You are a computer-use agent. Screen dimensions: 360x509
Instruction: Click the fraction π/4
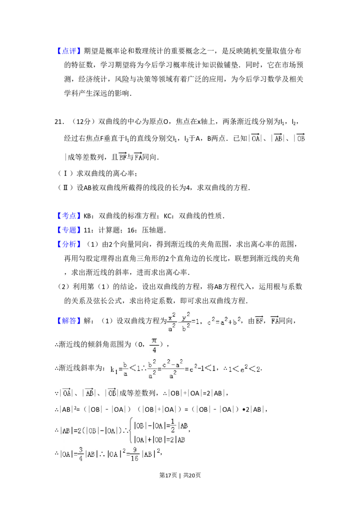pos(154,345)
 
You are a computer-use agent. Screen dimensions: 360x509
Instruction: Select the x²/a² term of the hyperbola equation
pos(171,322)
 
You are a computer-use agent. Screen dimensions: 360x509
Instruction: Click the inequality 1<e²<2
pos(244,370)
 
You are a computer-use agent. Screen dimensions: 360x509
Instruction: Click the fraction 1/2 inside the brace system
pos(172,423)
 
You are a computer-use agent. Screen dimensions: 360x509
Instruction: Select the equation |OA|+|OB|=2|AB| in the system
pos(160,438)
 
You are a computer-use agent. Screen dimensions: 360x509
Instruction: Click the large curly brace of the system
pos(131,430)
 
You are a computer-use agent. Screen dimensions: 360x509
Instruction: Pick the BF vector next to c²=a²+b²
pos(259,321)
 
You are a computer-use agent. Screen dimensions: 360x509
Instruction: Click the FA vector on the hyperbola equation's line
pos(275,321)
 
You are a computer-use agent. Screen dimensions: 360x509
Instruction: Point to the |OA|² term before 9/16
pos(111,454)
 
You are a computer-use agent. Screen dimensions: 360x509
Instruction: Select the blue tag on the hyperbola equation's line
pos(69,321)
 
